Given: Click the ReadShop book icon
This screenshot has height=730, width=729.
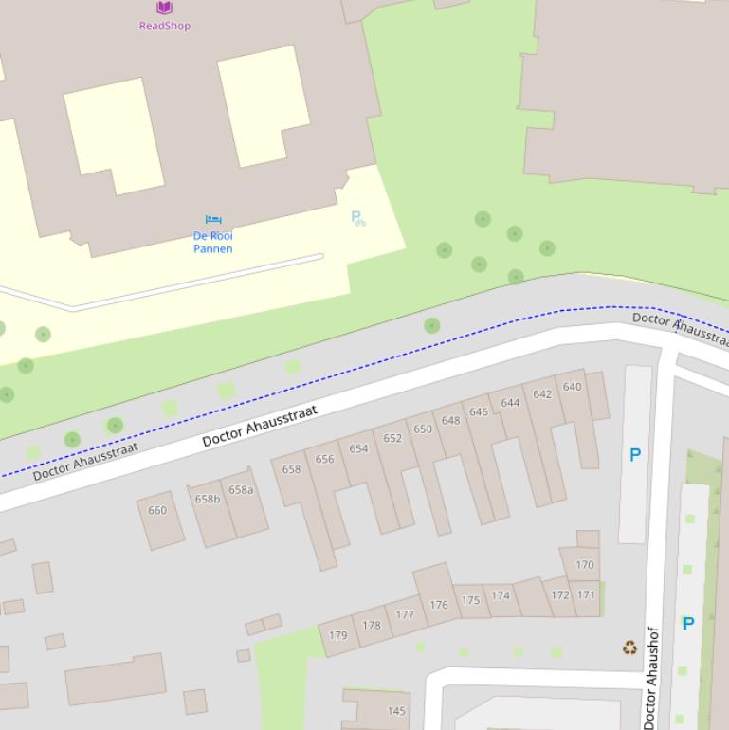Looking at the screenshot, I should (164, 8).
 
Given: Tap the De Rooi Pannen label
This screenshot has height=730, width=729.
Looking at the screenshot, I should (212, 242).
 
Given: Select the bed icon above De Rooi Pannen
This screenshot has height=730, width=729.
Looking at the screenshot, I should (213, 221).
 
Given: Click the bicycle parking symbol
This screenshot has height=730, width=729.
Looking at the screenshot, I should (357, 218).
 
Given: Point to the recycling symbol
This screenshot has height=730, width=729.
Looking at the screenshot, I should (629, 648).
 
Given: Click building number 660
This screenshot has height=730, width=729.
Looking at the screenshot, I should (157, 510).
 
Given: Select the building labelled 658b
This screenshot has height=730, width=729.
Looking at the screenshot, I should (208, 499).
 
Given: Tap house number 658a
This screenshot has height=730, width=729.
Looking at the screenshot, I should (241, 490).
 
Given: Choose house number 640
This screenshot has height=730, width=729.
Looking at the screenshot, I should (572, 387).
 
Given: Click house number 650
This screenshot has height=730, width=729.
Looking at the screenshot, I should (423, 429).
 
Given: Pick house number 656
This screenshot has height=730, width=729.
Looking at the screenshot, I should (324, 459).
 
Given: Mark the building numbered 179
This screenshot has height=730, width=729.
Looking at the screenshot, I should (337, 635).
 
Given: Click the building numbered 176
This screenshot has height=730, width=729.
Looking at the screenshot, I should (438, 604).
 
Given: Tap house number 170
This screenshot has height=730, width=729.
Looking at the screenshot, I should (585, 565).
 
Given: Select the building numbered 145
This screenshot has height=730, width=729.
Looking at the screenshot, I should (396, 711).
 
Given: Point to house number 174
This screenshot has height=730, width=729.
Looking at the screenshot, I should (501, 595).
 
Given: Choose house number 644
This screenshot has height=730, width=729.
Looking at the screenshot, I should (510, 403).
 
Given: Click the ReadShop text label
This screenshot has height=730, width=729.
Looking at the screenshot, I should (165, 26).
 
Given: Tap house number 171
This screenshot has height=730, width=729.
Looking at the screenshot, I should (587, 595).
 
